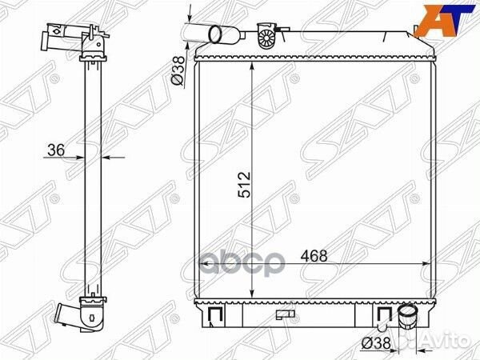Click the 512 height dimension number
tap(244, 185)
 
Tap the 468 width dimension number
tap(314, 256)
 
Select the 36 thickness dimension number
tap(57, 150)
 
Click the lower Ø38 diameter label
tap(376, 343)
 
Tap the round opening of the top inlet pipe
tap(215, 34)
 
